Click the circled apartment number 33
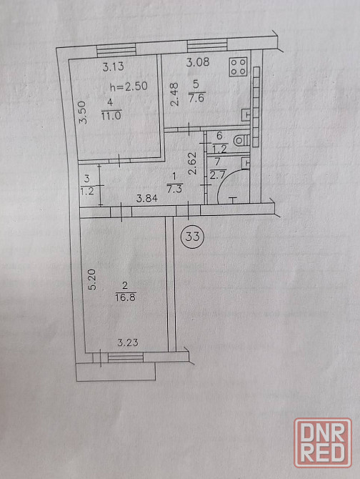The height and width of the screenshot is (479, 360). coord(192,236)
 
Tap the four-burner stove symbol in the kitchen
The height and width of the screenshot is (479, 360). coord(239,66)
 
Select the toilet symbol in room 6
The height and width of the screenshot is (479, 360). coord(241,141)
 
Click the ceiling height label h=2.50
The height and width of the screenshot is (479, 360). coord(129,87)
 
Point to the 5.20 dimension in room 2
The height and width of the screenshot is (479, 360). coord(92,280)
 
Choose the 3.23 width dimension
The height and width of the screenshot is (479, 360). coord(128,342)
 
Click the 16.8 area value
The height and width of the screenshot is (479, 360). coord(126,297)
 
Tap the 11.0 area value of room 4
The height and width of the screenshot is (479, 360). coord(111,116)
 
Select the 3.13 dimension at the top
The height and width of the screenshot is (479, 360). coord(113,66)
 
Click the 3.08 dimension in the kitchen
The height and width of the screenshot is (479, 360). coord(198,62)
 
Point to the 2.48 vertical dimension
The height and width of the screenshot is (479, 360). coord(174,94)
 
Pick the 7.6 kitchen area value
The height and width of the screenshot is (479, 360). coord(196,99)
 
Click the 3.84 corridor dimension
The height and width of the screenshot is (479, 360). coord(147,199)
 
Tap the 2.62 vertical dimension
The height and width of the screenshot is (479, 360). coord(192,163)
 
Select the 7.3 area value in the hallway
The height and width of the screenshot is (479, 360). coord(174,189)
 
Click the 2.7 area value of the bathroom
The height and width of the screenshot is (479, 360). coord(218,175)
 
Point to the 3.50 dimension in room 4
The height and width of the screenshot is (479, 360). coord(83,112)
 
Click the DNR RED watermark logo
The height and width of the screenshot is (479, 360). coord(323,443)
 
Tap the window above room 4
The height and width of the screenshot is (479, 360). coord(116,50)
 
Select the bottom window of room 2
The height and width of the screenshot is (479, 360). coord(126,357)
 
